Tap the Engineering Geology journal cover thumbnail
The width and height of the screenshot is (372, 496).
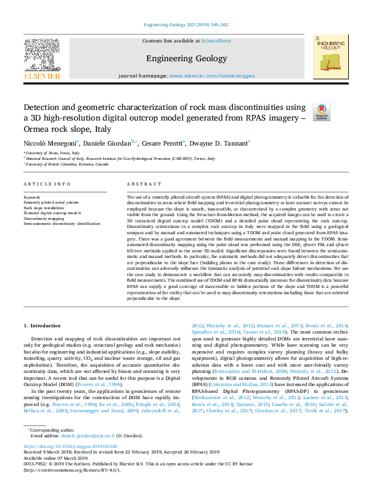pyautogui.click(x=331, y=57)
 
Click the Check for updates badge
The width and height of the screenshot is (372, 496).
pyautogui.click(x=321, y=112)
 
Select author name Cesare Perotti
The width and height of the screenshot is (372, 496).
pyautogui.click(x=162, y=143)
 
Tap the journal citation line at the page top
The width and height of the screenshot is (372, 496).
pyautogui.click(x=186, y=24)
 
